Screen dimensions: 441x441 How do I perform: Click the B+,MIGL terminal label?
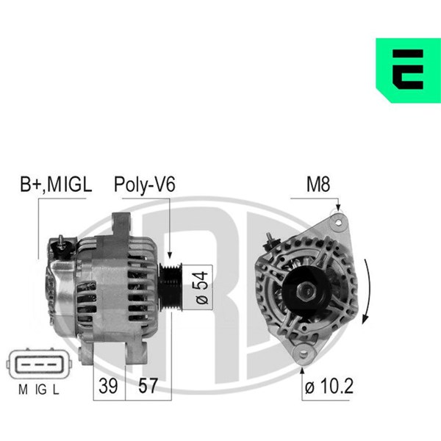click(x=56, y=184)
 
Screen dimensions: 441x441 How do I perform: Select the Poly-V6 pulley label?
click(x=144, y=184)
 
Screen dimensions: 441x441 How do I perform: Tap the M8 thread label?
click(x=318, y=184)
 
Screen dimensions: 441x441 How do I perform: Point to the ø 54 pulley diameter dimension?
click(x=202, y=287)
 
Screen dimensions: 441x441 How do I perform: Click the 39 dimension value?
click(x=108, y=386)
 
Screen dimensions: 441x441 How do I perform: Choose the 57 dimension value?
click(x=148, y=386)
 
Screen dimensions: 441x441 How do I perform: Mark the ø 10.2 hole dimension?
click(x=329, y=386)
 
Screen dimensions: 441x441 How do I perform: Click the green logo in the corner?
click(x=408, y=70)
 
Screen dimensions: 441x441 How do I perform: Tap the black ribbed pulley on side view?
click(x=171, y=287)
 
